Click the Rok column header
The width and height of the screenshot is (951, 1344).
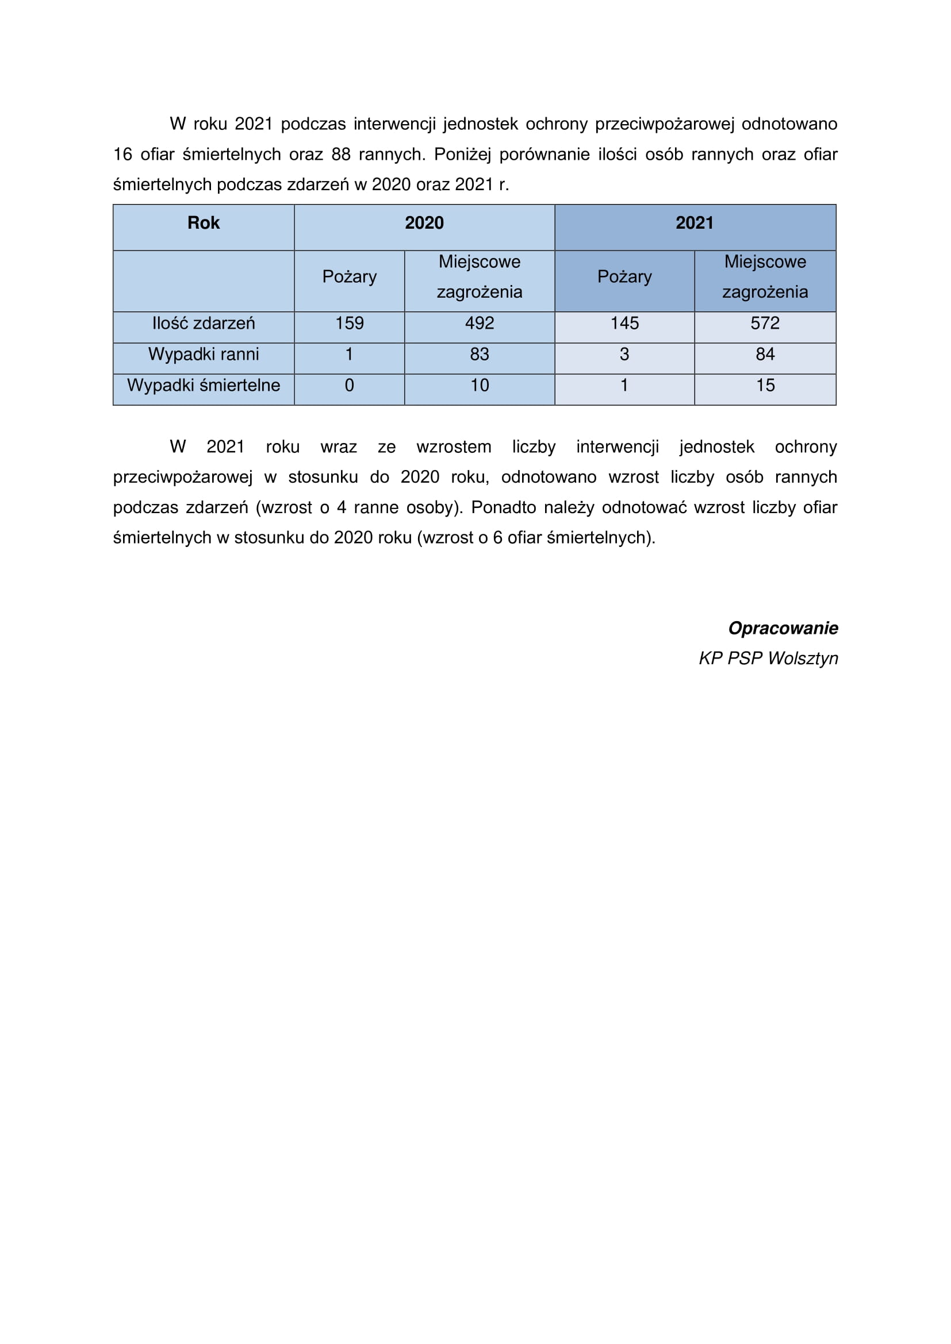[203, 223]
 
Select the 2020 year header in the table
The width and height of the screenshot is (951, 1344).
[424, 223]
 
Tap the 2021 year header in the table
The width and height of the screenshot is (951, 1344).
[695, 223]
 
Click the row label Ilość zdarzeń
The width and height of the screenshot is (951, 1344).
[203, 324]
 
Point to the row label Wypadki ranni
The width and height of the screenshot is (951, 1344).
[203, 355]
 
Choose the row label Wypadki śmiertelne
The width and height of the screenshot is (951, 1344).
[203, 386]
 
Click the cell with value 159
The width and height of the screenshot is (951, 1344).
[349, 324]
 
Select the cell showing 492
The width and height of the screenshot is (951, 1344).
[479, 324]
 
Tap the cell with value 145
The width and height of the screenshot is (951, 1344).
[624, 324]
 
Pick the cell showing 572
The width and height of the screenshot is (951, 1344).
[765, 324]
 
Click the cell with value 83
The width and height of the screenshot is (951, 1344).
[479, 355]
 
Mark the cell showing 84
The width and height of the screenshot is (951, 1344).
[765, 355]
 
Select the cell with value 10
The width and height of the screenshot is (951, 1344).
[479, 386]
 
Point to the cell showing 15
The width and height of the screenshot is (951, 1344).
[765, 386]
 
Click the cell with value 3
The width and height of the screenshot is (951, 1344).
[624, 355]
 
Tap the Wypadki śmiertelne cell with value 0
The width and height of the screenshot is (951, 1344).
[349, 386]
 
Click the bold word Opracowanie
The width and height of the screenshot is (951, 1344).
[783, 629]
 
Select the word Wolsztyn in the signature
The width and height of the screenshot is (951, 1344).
[803, 659]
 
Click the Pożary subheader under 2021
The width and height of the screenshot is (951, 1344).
[624, 277]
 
